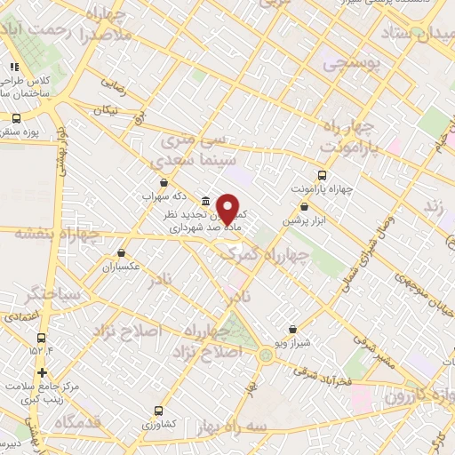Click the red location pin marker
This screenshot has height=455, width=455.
pos(228,208)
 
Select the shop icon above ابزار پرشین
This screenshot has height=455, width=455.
pos(305,206)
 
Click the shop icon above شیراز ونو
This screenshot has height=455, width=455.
pos(292,329)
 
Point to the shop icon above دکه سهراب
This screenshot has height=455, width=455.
pos(164,182)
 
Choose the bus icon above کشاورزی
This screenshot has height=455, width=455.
pos(157,411)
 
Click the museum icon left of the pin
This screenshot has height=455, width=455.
pos(206,201)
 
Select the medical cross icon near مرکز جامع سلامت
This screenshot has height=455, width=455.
pos(42,371)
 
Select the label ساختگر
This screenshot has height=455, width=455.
pos(54,292)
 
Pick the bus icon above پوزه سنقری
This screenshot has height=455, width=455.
pos(16,118)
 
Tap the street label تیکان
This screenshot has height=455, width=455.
pos(108,109)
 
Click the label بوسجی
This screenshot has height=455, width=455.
pos(350,66)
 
